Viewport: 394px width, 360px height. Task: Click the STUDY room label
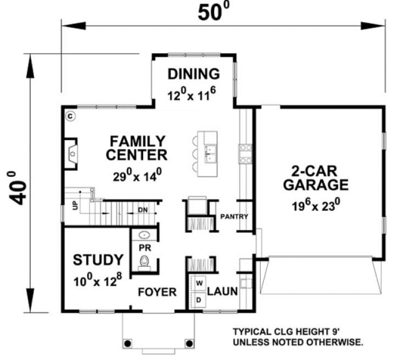click(x=98, y=260)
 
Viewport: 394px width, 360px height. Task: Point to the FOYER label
click(x=157, y=293)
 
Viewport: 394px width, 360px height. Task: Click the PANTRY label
click(x=234, y=217)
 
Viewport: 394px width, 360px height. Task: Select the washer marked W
click(x=199, y=283)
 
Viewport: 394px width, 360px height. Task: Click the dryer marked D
click(x=199, y=299)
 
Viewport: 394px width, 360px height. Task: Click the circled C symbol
click(x=70, y=115)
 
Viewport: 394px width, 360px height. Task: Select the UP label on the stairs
click(x=75, y=205)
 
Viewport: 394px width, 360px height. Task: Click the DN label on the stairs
click(x=142, y=210)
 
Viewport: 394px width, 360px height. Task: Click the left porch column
click(x=128, y=343)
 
